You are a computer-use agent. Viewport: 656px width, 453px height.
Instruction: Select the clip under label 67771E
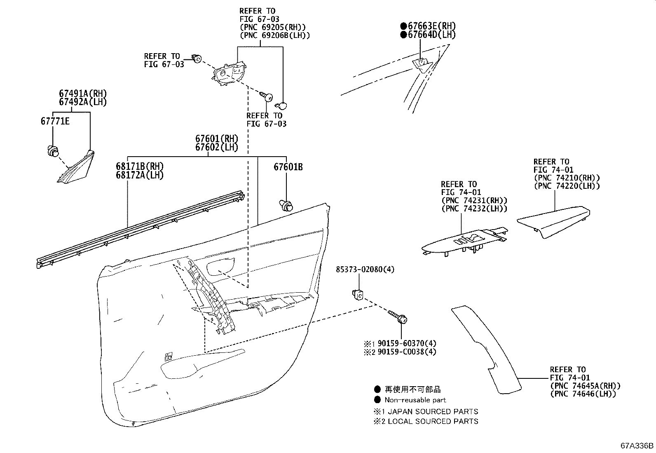[53, 151]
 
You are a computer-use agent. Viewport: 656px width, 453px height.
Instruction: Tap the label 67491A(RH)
[82, 94]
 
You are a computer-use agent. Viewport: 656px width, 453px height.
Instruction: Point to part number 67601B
[288, 167]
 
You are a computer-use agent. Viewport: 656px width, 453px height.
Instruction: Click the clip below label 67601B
[286, 204]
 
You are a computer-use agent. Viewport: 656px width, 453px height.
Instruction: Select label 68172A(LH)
[140, 175]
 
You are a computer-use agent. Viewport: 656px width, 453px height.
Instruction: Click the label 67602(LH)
[217, 147]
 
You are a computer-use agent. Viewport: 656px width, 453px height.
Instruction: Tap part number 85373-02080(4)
[365, 269]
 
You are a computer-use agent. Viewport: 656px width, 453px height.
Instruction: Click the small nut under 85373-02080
[357, 294]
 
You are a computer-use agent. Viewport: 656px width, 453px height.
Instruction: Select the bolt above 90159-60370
[397, 317]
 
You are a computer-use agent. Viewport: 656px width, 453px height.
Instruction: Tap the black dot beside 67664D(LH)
[403, 35]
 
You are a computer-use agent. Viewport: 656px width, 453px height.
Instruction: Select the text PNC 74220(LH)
[567, 186]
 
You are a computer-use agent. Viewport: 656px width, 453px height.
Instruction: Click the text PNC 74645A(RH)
[585, 386]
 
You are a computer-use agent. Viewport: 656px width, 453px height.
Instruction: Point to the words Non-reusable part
[415, 400]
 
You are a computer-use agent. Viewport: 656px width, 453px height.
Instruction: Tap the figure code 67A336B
[637, 446]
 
